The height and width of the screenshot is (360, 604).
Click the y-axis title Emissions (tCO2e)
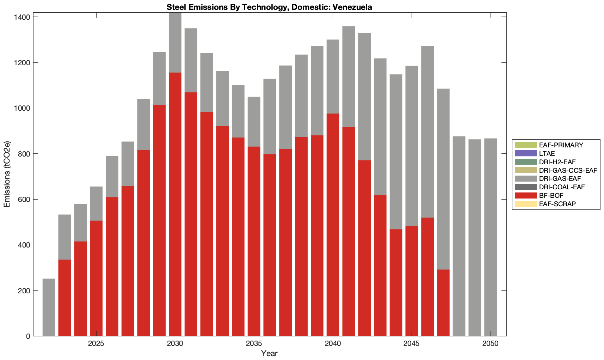tap(7, 174)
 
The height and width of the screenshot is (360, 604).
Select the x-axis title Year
tap(269, 353)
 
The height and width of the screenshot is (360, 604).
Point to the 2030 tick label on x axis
tap(175, 344)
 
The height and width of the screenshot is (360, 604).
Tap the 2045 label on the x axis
tap(411, 344)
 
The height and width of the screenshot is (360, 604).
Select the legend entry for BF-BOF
tap(551, 195)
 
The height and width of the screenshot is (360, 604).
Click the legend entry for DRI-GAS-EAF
tap(560, 179)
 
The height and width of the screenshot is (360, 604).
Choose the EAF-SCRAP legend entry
tap(557, 204)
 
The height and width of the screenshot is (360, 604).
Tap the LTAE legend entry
tap(547, 153)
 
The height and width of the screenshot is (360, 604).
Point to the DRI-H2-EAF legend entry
tap(557, 162)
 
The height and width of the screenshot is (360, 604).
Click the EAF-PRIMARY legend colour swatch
tap(525, 145)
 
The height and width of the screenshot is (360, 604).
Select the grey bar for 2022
tap(49, 307)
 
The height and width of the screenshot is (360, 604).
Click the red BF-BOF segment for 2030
tap(175, 205)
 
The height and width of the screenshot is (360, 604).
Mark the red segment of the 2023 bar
tap(64, 298)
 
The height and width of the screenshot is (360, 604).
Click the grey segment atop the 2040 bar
tap(333, 77)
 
